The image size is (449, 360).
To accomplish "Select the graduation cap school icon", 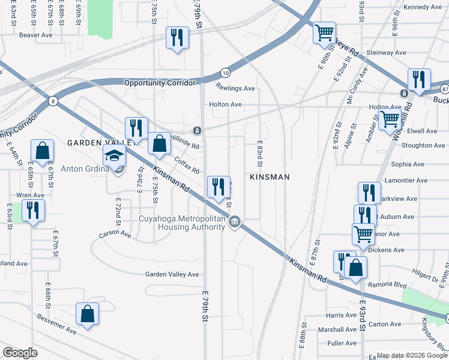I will (x=113, y=156).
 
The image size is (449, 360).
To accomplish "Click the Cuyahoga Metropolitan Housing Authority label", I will (x=191, y=223).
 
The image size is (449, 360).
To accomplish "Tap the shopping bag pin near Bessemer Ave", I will (x=88, y=314).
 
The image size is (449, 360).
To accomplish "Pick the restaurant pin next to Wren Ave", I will (x=33, y=211).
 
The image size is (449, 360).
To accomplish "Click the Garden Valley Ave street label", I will (x=172, y=274).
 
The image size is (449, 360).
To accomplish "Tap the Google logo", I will (x=20, y=353).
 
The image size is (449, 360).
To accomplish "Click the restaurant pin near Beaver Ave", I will (x=176, y=38).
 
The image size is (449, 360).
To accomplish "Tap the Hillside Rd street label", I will (x=185, y=141).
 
